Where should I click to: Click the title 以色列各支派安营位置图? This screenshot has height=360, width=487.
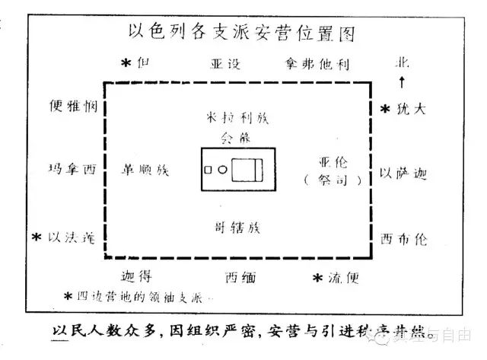click(243, 34)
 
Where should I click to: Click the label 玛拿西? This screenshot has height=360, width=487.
click(70, 171)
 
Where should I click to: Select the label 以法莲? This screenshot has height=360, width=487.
click(71, 238)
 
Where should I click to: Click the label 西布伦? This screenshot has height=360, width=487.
click(403, 238)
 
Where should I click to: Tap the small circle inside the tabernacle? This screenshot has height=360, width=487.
click(222, 170)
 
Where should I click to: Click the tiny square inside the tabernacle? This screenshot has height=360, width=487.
click(208, 170)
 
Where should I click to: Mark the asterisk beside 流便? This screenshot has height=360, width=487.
click(318, 278)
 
